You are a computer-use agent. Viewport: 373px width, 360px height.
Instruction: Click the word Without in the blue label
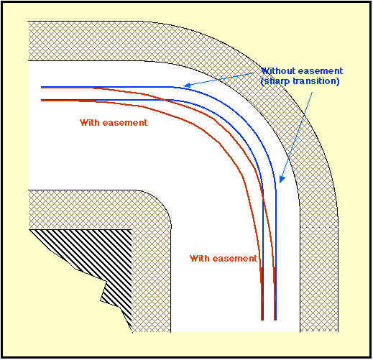278,71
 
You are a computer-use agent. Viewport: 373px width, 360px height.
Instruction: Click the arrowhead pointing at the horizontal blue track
187,85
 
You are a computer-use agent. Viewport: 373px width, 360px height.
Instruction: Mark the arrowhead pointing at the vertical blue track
282,180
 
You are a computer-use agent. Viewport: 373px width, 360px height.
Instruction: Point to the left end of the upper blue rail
42,87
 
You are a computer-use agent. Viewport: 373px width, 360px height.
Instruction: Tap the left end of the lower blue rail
42,100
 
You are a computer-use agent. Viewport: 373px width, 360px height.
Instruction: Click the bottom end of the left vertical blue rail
263,320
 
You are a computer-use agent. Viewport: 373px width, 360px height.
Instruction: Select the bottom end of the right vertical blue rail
275,320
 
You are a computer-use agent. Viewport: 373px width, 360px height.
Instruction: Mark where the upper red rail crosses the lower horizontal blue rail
165,100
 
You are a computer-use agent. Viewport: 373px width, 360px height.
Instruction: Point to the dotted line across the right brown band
319,227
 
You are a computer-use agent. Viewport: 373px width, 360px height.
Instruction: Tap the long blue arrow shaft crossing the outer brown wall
297,135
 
